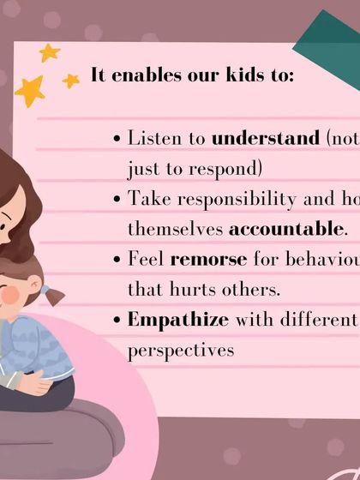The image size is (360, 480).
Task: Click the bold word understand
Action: tap(265, 137)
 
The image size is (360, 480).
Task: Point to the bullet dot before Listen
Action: tap(117, 139)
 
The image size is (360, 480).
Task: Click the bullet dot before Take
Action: tap(117, 200)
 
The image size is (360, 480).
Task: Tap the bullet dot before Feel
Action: tap(117, 261)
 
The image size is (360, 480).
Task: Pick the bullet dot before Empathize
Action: tap(117, 322)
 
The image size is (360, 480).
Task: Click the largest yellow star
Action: tap(29, 89)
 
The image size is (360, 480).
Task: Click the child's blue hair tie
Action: tap(44, 290)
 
